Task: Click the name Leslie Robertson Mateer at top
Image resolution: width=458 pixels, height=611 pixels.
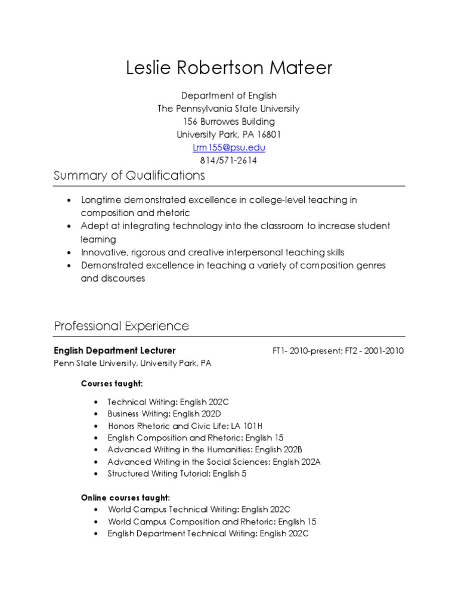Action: pyautogui.click(x=229, y=68)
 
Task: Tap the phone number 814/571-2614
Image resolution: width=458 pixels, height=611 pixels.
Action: pyautogui.click(x=228, y=161)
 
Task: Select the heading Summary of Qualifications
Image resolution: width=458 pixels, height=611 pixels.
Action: pyautogui.click(x=129, y=175)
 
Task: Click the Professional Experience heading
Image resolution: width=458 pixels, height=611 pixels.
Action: pyautogui.click(x=121, y=326)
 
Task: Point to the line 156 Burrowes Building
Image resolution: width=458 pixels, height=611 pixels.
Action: pyautogui.click(x=228, y=122)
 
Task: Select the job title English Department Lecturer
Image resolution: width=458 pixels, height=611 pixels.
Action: pyautogui.click(x=114, y=350)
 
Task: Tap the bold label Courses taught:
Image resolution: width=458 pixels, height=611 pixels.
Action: pyautogui.click(x=112, y=383)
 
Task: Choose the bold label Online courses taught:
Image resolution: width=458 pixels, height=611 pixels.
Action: pyautogui.click(x=125, y=497)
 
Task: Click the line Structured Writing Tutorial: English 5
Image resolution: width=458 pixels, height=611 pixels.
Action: pyautogui.click(x=177, y=474)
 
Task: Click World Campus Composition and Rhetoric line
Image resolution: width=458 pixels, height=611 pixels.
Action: pyautogui.click(x=212, y=521)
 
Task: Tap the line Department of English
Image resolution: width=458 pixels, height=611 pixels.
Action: pyautogui.click(x=228, y=95)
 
